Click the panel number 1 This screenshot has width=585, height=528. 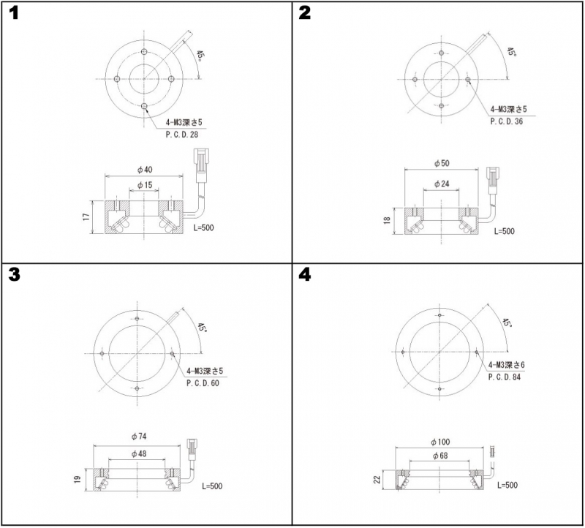pos(13,13)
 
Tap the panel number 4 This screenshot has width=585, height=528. pos(305,275)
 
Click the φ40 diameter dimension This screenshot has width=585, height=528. pos(145,170)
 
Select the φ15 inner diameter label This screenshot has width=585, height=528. pos(145,185)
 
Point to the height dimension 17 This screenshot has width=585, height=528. pos(86,216)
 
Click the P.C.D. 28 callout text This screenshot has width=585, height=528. pos(182,135)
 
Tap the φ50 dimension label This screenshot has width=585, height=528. pos(442,163)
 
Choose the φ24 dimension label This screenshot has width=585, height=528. pos(442,184)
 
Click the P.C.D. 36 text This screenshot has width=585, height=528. pos(507,121)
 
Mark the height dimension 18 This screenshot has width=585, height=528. pos(387,221)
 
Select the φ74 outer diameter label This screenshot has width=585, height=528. pos(139,437)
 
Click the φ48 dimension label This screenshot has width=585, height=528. pos(139,453)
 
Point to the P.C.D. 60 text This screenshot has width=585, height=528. pos(203,383)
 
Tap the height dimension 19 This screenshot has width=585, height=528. pos(78,479)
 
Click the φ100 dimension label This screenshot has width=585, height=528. pos(440,442)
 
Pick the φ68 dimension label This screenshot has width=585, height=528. pos(440,456)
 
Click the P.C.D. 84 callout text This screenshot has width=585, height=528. pos(505,377)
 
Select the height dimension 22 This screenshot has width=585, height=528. pos(377,479)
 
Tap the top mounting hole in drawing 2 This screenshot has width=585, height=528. pos(442,53)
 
